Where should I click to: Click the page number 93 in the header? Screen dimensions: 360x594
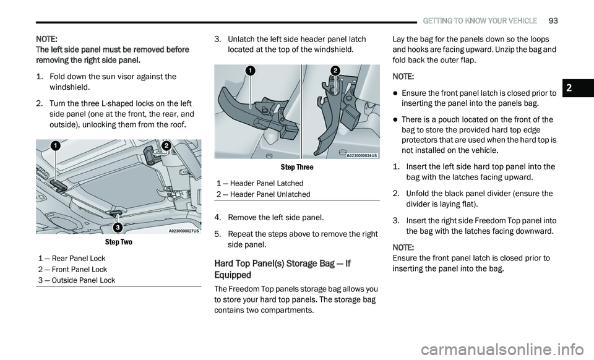click(553, 20)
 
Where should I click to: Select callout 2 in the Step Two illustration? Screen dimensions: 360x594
click(166, 145)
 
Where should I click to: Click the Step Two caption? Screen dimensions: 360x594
click(118, 242)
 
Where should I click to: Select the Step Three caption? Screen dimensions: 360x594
click(297, 167)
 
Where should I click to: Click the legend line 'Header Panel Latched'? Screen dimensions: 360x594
click(260, 183)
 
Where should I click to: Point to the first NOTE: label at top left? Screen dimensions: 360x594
click(47, 38)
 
